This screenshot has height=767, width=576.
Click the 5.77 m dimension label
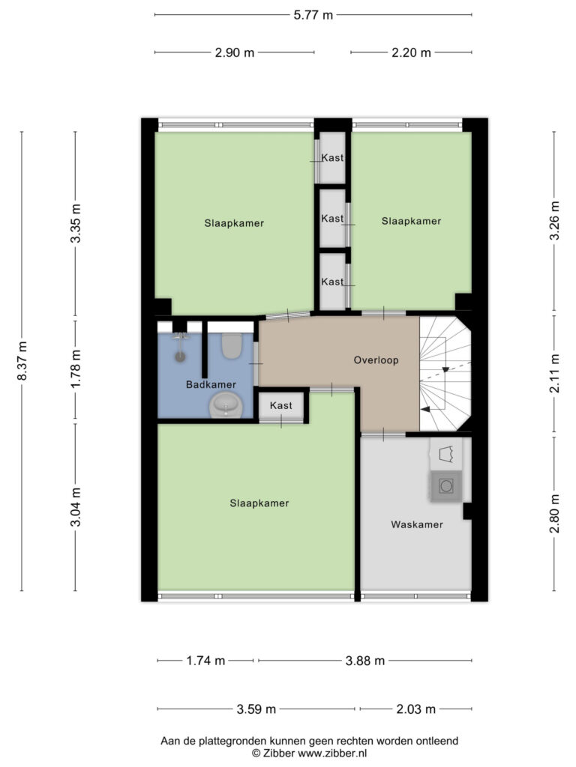(313, 15)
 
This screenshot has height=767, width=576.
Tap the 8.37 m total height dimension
(22, 361)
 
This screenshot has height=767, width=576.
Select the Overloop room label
(376, 360)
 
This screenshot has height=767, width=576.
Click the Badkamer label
(211, 384)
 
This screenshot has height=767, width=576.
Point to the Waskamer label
(417, 524)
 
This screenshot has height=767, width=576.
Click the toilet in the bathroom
(231, 345)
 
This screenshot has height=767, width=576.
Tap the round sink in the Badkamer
(226, 405)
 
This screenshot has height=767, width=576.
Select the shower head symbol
(181, 348)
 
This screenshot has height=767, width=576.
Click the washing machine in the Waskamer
(445, 486)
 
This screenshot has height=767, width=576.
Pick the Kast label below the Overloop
(281, 405)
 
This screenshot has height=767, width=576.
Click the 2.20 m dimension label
(411, 52)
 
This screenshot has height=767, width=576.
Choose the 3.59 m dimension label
(256, 709)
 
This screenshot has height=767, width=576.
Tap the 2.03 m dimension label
(415, 709)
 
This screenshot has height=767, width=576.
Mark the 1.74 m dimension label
(205, 661)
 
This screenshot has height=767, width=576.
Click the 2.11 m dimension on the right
(554, 373)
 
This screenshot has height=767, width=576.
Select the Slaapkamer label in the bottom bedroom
(259, 503)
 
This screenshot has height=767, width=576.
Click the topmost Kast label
(332, 157)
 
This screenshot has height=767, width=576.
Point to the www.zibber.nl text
(332, 754)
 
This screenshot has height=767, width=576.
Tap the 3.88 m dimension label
(365, 661)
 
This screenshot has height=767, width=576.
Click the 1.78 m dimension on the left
(75, 369)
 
